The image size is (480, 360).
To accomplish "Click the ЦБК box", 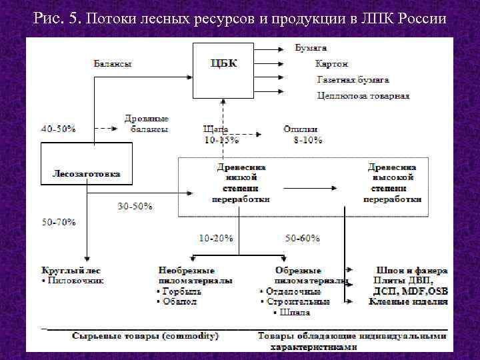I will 224,70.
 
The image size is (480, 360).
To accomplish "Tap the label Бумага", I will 311,48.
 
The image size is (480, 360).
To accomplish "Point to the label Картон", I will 332,64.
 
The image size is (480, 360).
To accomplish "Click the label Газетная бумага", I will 353,79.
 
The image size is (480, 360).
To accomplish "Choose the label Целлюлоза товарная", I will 363,95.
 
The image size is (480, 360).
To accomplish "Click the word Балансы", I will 112,64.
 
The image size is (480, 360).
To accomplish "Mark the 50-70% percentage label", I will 59,221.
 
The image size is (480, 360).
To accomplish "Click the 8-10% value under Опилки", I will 308,140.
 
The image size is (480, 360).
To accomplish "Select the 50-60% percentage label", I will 303,238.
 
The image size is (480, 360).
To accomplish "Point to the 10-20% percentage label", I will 216,238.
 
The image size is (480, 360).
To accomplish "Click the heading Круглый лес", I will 71,271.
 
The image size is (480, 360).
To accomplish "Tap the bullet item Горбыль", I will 177,291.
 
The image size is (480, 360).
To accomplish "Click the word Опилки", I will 301,129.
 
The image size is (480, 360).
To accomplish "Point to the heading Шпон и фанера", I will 411,271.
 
